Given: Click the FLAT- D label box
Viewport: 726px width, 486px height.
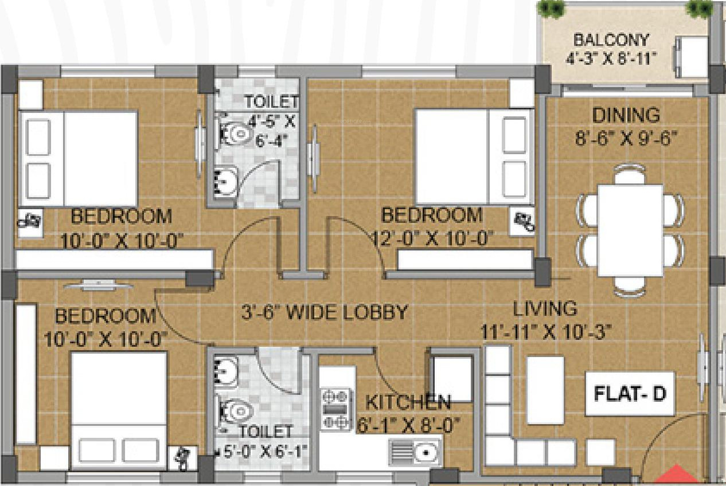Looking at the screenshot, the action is (630, 394).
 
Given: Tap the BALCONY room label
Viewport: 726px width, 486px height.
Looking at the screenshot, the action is (611, 40).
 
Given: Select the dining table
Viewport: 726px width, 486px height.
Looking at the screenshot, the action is (630, 230).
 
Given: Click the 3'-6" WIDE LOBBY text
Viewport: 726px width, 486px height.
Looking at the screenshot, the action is (325, 312).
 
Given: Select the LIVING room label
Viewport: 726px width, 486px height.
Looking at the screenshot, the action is (545, 308).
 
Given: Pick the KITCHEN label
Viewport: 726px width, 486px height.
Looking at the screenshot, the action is (408, 402).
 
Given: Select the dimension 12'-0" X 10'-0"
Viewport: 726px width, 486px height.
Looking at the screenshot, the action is (433, 238).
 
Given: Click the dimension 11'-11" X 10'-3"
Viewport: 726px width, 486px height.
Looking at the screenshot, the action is (546, 332).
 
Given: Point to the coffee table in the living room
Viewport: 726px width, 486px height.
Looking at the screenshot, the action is (546, 390).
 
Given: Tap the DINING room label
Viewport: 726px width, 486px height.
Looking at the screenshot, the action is (626, 115).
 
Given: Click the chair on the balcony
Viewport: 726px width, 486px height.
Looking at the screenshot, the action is (690, 57).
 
